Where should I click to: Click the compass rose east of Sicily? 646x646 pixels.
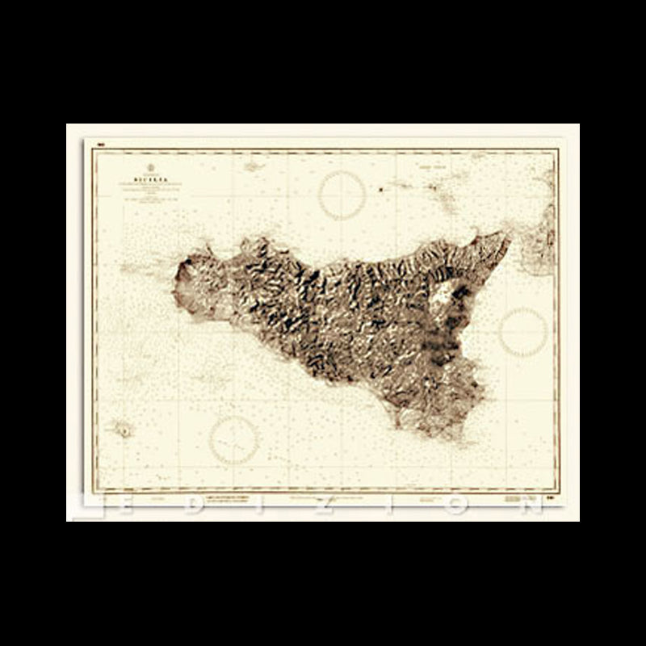[x=523, y=330]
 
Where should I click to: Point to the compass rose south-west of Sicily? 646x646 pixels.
[x=234, y=440]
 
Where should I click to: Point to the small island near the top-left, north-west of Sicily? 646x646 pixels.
[x=251, y=166]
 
